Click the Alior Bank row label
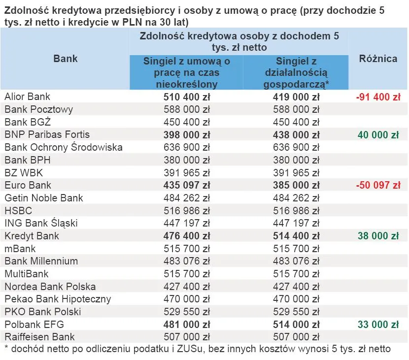(x=28, y=97)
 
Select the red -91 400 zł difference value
(x=377, y=97)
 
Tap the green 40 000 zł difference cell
(x=378, y=134)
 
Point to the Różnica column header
(x=378, y=59)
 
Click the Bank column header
(x=66, y=59)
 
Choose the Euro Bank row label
(x=28, y=185)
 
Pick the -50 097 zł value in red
(x=377, y=185)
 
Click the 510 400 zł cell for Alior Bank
(x=186, y=97)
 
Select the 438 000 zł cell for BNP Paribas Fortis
(x=296, y=134)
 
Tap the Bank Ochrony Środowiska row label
(x=64, y=147)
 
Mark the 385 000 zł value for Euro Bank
(x=296, y=185)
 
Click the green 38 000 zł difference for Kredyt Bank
(x=378, y=236)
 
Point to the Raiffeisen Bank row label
(x=40, y=337)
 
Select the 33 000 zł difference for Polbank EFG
(x=378, y=324)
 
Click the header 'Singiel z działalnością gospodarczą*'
(x=296, y=72)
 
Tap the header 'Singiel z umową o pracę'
(x=186, y=72)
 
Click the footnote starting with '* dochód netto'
(x=198, y=349)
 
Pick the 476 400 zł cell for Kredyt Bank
(x=186, y=236)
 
